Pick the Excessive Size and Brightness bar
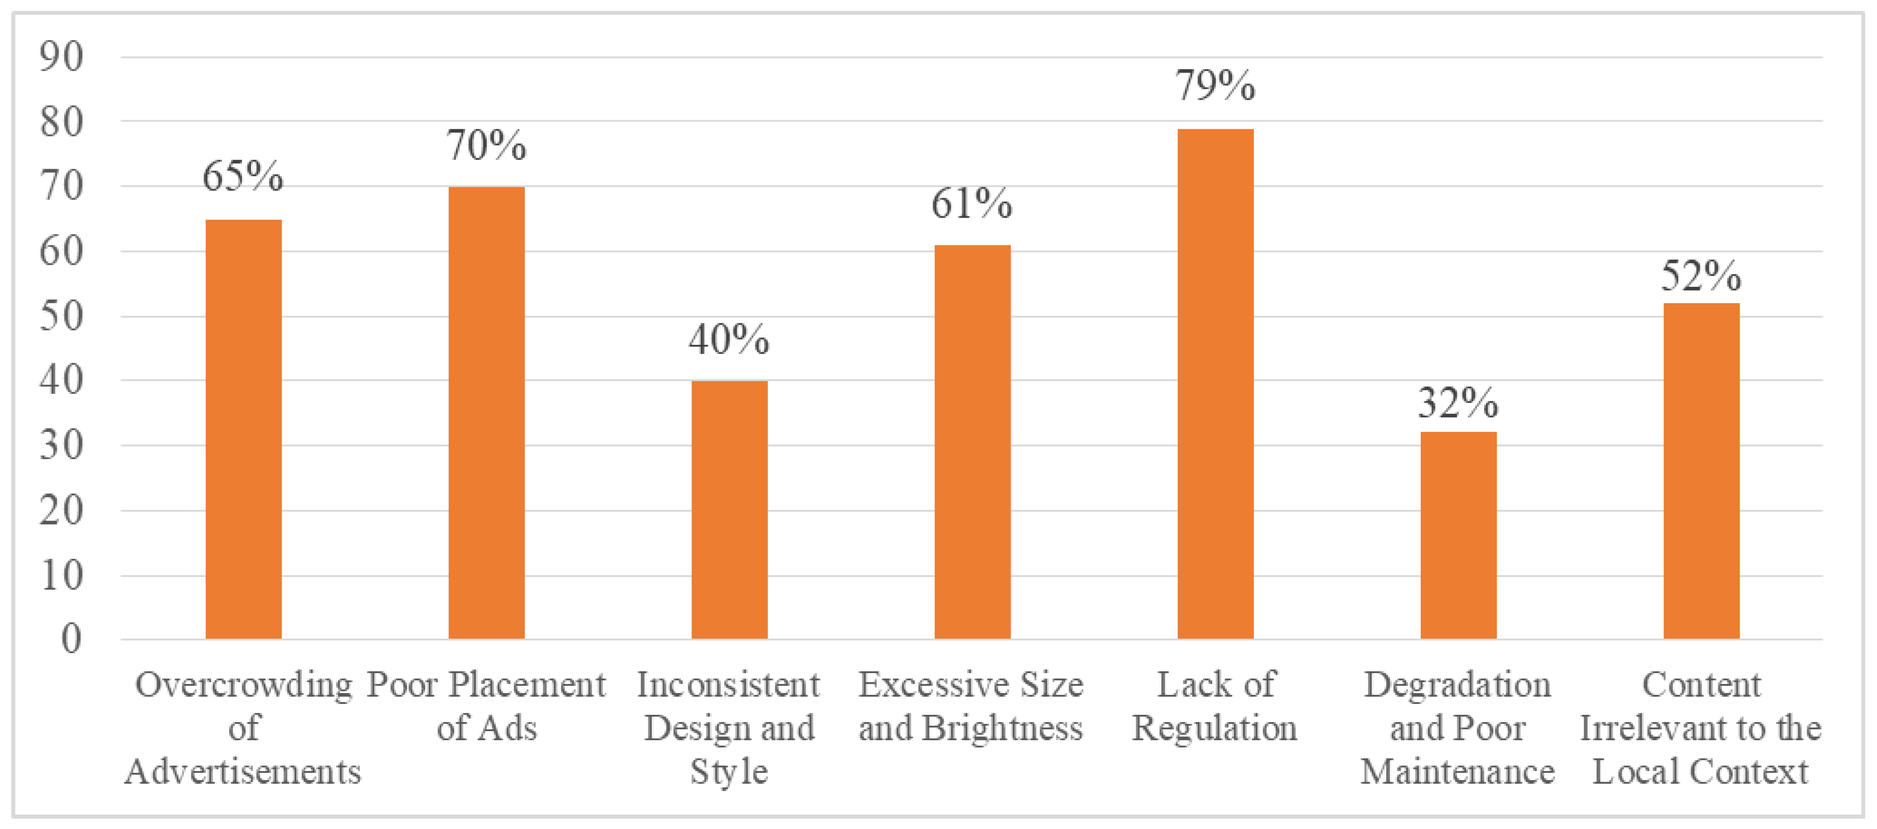(x=972, y=442)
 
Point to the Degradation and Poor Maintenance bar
(x=1458, y=535)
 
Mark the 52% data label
(x=1701, y=276)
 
